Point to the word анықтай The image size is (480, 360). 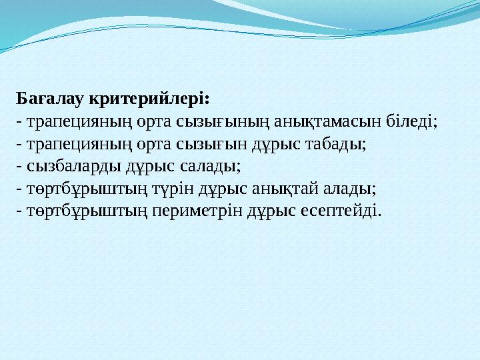point(279,189)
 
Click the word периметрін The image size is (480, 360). point(193,212)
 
